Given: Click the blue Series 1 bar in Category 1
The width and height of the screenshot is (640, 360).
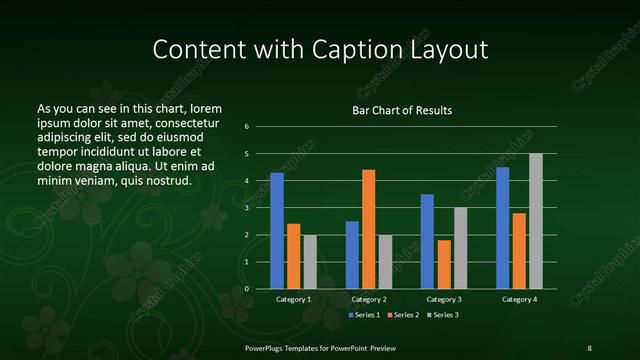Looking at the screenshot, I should click(277, 231).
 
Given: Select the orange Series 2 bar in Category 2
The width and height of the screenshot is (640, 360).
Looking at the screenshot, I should click(368, 229).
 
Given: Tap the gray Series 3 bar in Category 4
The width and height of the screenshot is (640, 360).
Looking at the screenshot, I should click(536, 221).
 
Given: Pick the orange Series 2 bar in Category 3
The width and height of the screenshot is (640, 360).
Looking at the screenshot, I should click(444, 264).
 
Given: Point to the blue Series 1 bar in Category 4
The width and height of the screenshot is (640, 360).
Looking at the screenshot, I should click(503, 228).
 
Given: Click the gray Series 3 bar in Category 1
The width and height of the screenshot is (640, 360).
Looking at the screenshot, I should click(310, 262).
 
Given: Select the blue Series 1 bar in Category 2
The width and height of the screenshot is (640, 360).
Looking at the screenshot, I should click(352, 255).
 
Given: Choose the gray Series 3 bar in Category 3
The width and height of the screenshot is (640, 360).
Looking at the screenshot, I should click(460, 248).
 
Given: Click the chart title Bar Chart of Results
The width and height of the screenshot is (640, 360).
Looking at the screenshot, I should click(402, 110).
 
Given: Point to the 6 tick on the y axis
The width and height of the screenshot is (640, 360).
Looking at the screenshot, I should click(247, 127).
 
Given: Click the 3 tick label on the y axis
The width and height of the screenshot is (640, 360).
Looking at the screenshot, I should click(247, 208).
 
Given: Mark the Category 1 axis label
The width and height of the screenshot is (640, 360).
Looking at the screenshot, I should click(294, 299).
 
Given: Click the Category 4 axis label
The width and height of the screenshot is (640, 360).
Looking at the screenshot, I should click(519, 299).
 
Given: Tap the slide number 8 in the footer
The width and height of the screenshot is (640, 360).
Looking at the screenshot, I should click(589, 347).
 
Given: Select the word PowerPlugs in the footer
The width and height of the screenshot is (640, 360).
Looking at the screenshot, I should click(264, 347).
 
